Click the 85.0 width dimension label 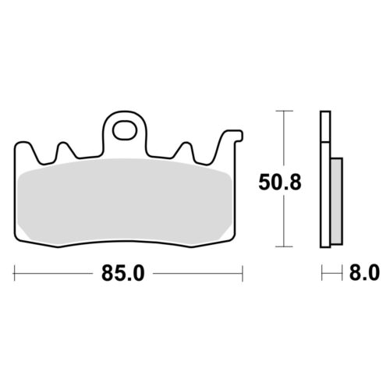122,273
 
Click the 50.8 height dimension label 280,183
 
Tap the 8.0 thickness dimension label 364,273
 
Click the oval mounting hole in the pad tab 125,130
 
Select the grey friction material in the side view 337,200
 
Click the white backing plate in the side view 325,179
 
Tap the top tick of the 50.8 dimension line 284,111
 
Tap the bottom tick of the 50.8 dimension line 284,246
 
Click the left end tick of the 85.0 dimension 14,273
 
